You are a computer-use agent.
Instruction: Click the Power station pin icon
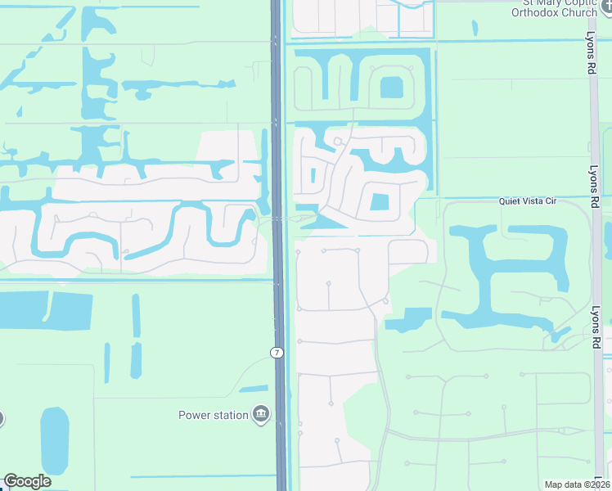[x=261, y=415]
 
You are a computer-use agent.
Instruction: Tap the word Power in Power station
[x=196, y=415]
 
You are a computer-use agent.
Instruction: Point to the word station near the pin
[x=232, y=415]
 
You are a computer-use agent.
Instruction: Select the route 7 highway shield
[x=277, y=352]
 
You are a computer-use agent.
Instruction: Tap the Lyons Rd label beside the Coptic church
[x=590, y=53]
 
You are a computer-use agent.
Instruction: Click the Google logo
[x=27, y=481]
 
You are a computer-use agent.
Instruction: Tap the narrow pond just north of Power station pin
[x=254, y=388]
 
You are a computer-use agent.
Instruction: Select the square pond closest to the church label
[x=392, y=87]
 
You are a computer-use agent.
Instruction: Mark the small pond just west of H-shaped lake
[x=409, y=319]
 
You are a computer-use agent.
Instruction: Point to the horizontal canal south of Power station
[x=205, y=475]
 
